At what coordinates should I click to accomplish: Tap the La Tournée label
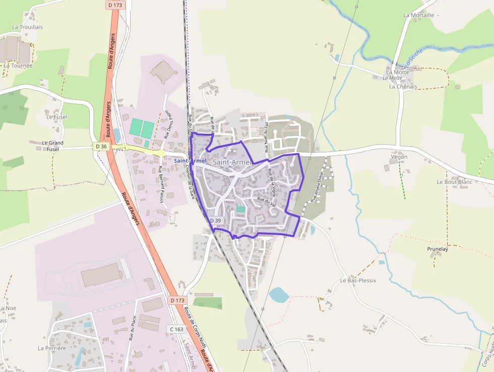18,65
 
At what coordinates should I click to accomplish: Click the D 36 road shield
101,146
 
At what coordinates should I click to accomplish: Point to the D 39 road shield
215,221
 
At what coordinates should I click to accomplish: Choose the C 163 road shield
176,329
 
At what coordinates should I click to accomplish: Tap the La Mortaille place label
418,15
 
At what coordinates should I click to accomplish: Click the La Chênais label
403,86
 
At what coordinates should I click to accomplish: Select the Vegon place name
399,157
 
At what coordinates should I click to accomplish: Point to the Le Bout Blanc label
454,182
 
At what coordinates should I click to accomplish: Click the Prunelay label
437,249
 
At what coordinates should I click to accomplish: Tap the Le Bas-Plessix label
358,280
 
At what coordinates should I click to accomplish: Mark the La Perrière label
52,348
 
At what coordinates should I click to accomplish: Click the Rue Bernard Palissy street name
161,184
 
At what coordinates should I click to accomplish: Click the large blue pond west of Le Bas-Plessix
278,295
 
